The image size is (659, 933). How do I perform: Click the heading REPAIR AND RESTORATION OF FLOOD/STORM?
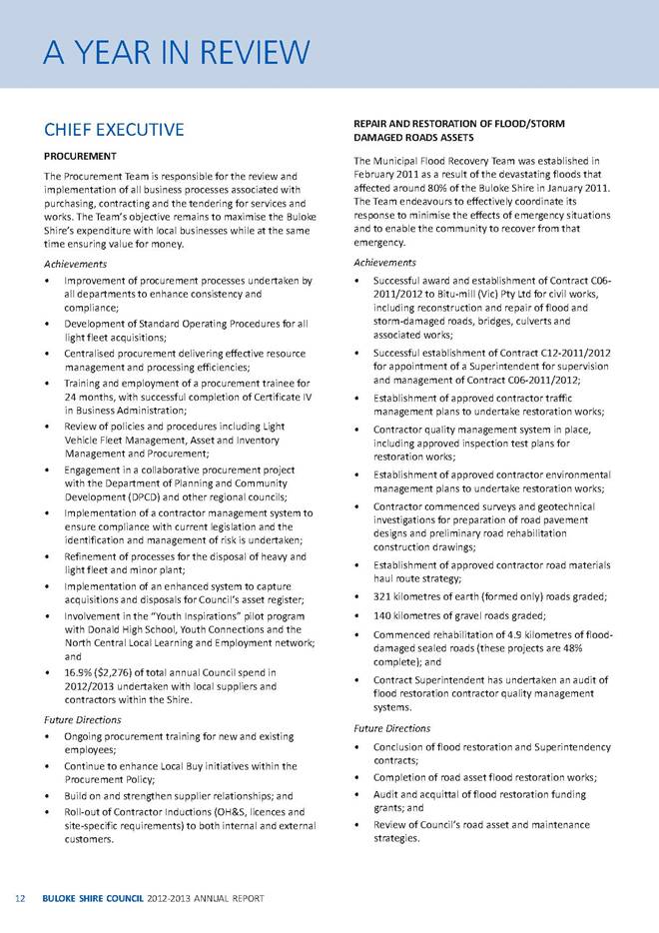pos(461,122)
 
